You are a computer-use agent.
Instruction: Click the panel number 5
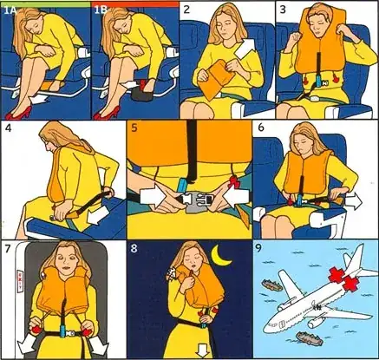coord(134,128)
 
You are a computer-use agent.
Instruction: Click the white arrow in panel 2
coord(245,48)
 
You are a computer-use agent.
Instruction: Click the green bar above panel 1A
coord(45,3)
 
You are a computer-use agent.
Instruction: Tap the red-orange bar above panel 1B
coord(135,3)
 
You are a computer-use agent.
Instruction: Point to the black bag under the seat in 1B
coord(142,94)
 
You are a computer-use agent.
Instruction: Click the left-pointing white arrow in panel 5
coord(236,197)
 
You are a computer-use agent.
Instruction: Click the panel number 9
coord(259,249)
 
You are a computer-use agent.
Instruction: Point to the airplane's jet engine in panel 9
coord(316,322)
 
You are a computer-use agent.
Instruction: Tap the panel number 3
coord(283,10)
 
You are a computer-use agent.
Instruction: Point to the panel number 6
coord(261,128)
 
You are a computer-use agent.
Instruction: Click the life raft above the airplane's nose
coord(272,285)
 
